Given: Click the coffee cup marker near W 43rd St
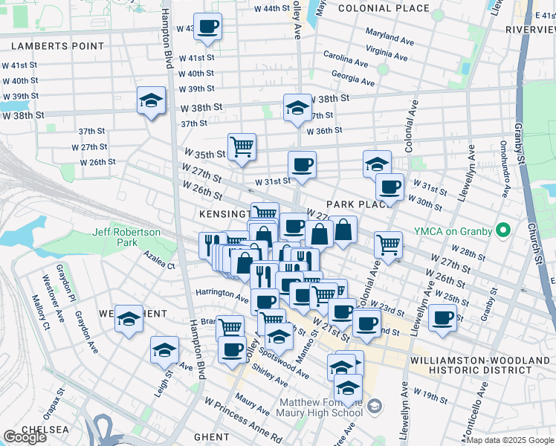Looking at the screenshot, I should [207, 27].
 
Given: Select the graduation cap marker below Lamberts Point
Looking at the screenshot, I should [152, 100].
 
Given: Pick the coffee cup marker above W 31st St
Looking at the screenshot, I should [302, 165].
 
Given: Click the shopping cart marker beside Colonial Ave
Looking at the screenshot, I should [388, 245].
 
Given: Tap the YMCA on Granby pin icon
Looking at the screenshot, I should [502, 230].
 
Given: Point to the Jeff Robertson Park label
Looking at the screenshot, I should [126, 237].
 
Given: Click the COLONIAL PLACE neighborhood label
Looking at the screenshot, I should [383, 8].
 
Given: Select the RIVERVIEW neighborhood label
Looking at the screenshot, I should [529, 29].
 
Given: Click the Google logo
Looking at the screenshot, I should [25, 437].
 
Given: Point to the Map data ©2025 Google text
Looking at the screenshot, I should [511, 440].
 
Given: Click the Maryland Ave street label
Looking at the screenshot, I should [389, 36].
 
